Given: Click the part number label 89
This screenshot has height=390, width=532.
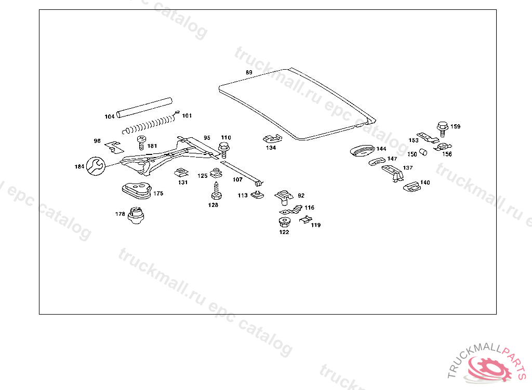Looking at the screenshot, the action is point(249,72).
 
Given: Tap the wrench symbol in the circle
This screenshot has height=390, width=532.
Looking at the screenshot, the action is point(96,166).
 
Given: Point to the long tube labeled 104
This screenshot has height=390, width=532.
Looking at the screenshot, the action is point(144,108).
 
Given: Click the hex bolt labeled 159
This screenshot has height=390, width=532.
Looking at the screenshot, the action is point(443,129).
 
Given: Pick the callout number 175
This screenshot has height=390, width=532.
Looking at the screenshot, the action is point(158,193).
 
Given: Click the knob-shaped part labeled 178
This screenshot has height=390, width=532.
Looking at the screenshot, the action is point(136,215).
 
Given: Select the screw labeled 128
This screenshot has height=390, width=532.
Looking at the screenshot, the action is point(216,191).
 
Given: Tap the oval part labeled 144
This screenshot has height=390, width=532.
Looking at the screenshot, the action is point(363,150).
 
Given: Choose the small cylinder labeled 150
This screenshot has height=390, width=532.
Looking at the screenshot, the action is point(423,152).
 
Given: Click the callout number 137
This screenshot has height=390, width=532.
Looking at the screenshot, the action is point(408,168).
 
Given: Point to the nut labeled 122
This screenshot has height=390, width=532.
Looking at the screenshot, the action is point(284,222).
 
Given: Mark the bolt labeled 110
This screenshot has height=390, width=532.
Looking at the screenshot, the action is point(224,150).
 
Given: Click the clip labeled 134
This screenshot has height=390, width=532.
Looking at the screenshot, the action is point(272,139).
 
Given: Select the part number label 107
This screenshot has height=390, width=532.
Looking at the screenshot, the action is point(237,179).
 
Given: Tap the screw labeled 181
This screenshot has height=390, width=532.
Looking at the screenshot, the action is point(141,142).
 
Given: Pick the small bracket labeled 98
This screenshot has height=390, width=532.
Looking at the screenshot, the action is point(114,147).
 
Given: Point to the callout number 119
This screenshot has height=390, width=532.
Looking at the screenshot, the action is point(316,225).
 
